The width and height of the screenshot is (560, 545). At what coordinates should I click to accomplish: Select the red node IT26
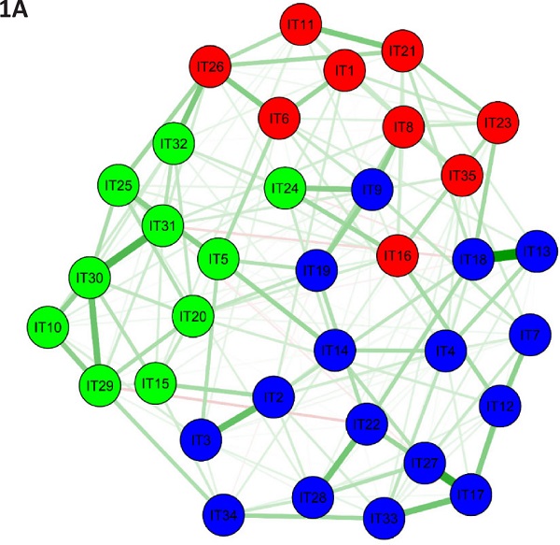pos(212,67)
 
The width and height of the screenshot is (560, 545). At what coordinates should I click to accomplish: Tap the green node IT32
pos(175,145)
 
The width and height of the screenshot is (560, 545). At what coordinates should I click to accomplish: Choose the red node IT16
pos(399,254)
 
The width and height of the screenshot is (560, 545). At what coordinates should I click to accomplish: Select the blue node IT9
pos(371,189)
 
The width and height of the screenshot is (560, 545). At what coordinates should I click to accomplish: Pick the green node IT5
pos(218,255)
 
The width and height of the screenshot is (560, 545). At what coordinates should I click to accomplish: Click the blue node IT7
pos(530,335)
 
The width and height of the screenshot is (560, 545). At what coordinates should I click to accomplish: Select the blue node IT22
pos(368,425)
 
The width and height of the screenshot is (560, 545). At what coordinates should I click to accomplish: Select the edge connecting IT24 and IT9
pos(329,190)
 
